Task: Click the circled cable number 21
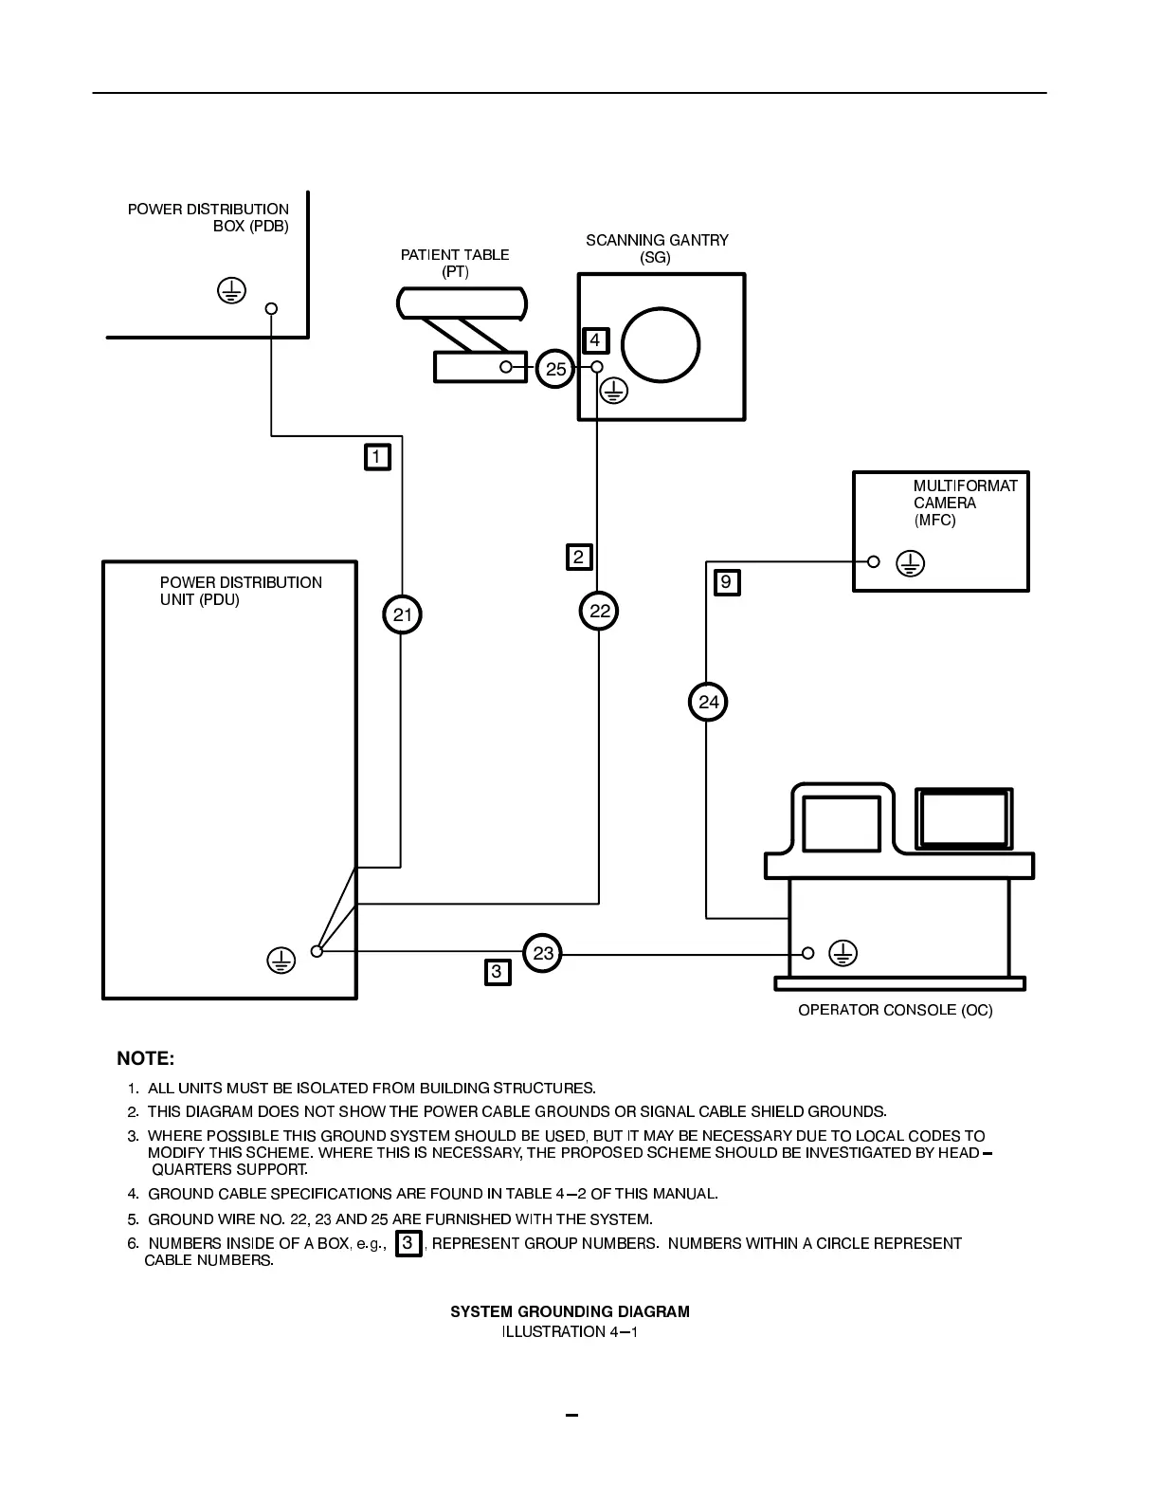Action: [x=402, y=614]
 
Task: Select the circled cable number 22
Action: [x=599, y=612]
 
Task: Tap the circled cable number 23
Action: [x=542, y=953]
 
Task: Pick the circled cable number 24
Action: [x=708, y=702]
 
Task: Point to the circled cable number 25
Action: [x=555, y=368]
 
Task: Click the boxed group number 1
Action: [x=377, y=457]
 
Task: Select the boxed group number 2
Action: [x=579, y=557]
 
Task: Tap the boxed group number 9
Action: [x=726, y=581]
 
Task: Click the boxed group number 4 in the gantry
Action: [x=595, y=340]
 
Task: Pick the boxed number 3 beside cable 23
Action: [x=498, y=972]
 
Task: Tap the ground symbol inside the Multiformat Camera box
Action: [x=910, y=563]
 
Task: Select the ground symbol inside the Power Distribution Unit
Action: [x=281, y=960]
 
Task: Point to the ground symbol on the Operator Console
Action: [x=843, y=953]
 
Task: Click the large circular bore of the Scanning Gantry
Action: [x=661, y=344]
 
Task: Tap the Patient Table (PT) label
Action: [x=455, y=263]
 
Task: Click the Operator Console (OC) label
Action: [x=895, y=1010]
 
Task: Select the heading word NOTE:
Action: [x=145, y=1058]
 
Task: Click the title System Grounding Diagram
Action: [x=570, y=1311]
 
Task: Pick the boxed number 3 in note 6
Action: [x=408, y=1243]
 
